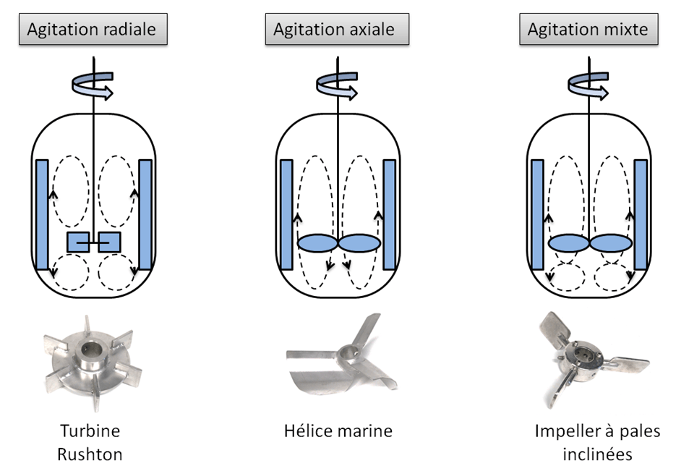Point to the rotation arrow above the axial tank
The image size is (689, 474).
pos(338,85)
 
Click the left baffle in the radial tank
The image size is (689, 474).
pos(41,214)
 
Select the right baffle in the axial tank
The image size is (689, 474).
pos(390,214)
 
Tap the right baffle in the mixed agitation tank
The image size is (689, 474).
pos(641,214)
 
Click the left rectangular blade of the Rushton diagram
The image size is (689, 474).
pos(77,242)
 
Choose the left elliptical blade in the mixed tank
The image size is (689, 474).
pos(568,244)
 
